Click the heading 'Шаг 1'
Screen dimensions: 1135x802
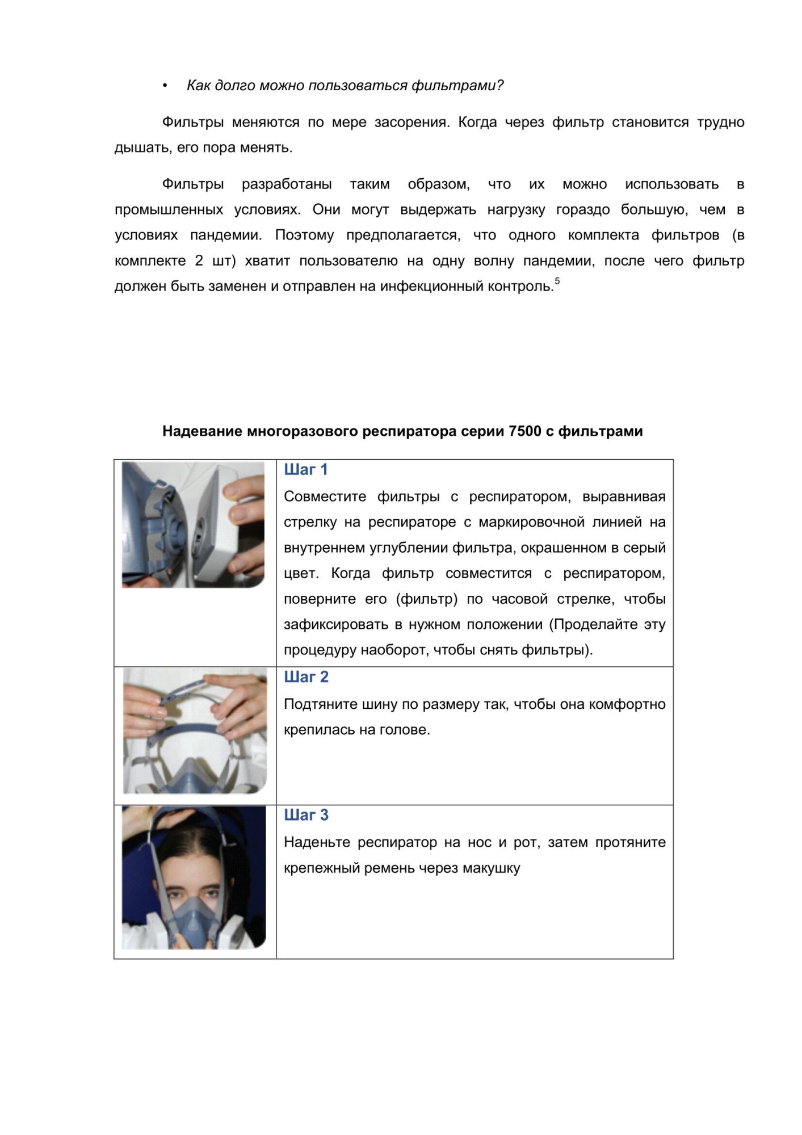tap(305, 470)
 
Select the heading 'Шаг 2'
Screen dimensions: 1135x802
tap(306, 677)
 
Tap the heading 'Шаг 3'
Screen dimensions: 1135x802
tap(306, 815)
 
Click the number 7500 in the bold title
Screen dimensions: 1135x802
tap(524, 431)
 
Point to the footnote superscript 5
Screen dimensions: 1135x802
tap(557, 281)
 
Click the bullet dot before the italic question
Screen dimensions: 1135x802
tap(165, 86)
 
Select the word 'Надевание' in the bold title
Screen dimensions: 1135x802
tap(203, 431)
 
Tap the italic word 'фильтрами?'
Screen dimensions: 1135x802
tap(457, 86)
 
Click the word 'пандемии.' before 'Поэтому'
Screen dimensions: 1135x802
tap(226, 235)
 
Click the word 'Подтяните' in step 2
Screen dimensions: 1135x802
tap(317, 704)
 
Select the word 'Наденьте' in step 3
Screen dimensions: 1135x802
tap(317, 842)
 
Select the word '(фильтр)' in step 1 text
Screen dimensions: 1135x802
tap(426, 599)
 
